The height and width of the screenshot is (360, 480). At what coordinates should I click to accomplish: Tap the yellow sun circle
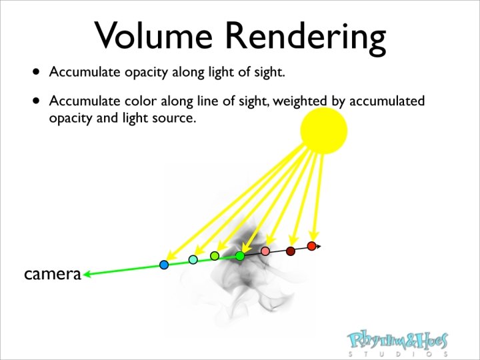[324, 130]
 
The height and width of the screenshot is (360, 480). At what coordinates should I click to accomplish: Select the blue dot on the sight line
[164, 265]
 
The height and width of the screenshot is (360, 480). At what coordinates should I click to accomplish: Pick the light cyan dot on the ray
[193, 259]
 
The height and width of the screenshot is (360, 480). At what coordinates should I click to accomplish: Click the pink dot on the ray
[265, 251]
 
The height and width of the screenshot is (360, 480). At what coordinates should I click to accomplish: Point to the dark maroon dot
[291, 251]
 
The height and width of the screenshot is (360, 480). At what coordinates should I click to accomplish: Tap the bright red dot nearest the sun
[311, 246]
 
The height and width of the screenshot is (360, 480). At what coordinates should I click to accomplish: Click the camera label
[52, 273]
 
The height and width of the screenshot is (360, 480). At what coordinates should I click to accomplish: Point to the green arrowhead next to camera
[87, 273]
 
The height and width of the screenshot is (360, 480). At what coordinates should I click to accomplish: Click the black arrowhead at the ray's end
[318, 247]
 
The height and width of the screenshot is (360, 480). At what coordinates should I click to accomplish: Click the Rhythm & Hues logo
[398, 341]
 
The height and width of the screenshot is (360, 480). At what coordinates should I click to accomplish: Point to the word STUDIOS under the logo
[398, 355]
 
